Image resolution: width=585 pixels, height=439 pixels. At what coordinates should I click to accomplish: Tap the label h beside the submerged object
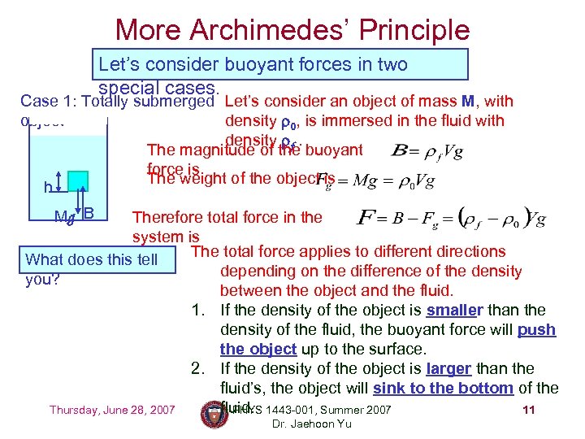tap(48, 188)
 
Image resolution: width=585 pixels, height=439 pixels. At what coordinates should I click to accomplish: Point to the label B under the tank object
tap(89, 213)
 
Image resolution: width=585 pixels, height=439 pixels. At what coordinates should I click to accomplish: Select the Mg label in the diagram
tap(63, 216)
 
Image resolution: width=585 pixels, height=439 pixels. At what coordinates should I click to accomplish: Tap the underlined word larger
tap(448, 369)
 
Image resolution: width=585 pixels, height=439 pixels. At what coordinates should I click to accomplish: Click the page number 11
tap(529, 410)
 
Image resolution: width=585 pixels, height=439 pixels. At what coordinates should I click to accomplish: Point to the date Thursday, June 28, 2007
tap(112, 410)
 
